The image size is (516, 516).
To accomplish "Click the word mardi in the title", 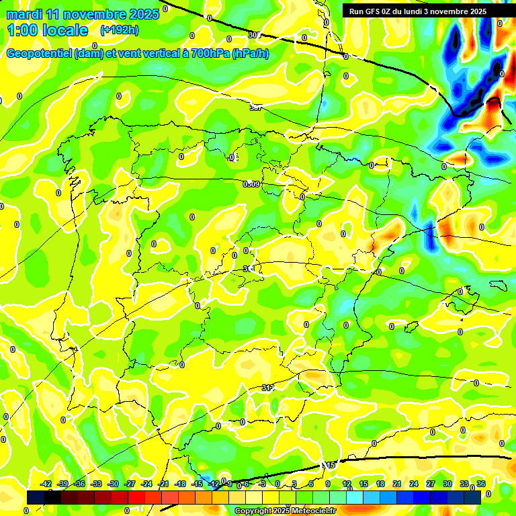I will tap(24, 13).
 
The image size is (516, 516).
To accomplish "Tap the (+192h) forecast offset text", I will tap(120, 30).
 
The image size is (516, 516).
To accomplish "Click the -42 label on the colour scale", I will tap(46, 484).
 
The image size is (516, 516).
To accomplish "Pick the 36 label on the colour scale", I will tap(481, 484).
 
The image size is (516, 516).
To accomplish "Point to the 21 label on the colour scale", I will tap(397, 484).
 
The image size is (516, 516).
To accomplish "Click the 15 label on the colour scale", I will tap(363, 484).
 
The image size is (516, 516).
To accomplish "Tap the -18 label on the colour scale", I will tap(180, 484).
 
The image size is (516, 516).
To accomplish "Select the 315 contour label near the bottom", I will tap(329, 465).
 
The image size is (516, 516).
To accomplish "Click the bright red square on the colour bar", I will tap(136, 497).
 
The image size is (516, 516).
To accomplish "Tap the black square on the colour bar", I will tap(36, 497).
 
